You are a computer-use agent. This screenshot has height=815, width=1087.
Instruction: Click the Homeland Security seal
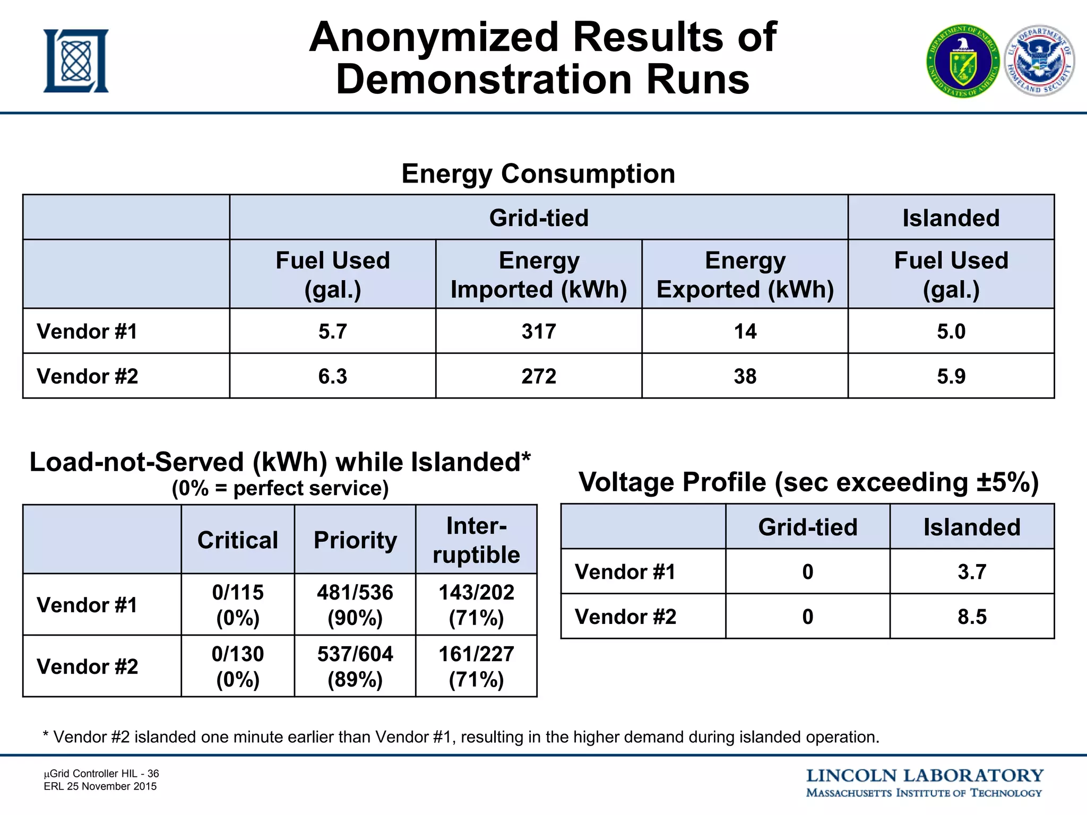point(1040,60)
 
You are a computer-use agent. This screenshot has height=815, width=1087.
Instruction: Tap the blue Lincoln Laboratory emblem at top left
point(76,61)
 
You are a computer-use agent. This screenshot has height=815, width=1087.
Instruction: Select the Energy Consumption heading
point(538,174)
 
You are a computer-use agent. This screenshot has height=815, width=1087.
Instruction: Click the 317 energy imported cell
point(539,332)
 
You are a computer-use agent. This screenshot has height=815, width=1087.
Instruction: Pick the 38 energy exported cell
point(745,376)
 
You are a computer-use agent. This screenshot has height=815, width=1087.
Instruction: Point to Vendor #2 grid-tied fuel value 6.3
point(333,376)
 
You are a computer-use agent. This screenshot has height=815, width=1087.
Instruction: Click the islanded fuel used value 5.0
point(951,332)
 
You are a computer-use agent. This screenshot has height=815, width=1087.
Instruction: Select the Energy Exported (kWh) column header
point(745,274)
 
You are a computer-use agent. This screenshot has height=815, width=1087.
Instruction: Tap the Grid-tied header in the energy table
point(539,218)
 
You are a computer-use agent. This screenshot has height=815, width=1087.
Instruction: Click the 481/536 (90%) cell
point(355,605)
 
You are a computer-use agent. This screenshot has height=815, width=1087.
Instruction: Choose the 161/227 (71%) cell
point(476,666)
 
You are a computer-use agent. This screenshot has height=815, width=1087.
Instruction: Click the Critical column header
point(238,540)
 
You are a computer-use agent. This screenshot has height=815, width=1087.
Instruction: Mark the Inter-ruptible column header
point(476,540)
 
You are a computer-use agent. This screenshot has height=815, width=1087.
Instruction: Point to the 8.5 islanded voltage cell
point(972,617)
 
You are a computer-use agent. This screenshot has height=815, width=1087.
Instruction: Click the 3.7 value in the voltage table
point(972,572)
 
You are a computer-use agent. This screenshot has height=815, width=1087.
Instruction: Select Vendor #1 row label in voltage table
point(625,572)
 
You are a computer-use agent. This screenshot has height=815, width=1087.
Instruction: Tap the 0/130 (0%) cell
point(238,666)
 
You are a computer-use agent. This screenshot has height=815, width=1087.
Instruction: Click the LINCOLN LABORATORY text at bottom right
point(924,776)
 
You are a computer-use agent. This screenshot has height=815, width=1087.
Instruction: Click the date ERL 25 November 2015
point(100,786)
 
